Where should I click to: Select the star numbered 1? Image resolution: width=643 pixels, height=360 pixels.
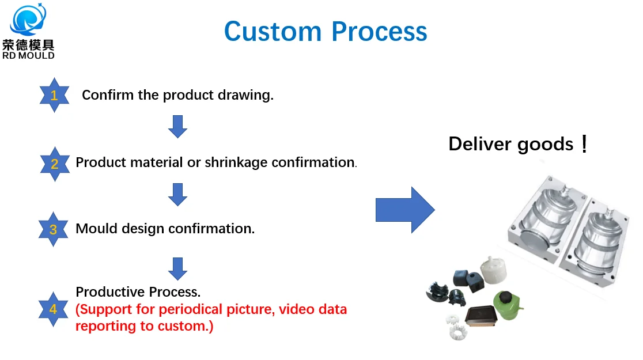tap(54, 95)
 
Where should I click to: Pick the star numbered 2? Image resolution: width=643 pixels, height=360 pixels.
tap(54, 164)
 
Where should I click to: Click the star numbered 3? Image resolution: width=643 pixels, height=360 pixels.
tap(53, 229)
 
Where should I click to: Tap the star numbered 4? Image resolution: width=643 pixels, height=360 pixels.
tap(53, 309)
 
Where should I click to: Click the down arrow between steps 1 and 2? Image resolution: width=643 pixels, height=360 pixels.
tap(177, 126)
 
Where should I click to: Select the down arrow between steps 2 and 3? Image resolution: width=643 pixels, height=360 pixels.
tap(177, 194)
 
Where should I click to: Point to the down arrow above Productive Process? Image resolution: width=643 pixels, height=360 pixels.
tap(177, 268)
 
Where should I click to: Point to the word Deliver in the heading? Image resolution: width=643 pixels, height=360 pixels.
tap(479, 143)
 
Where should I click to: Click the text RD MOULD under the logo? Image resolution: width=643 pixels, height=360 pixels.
tap(28, 55)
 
